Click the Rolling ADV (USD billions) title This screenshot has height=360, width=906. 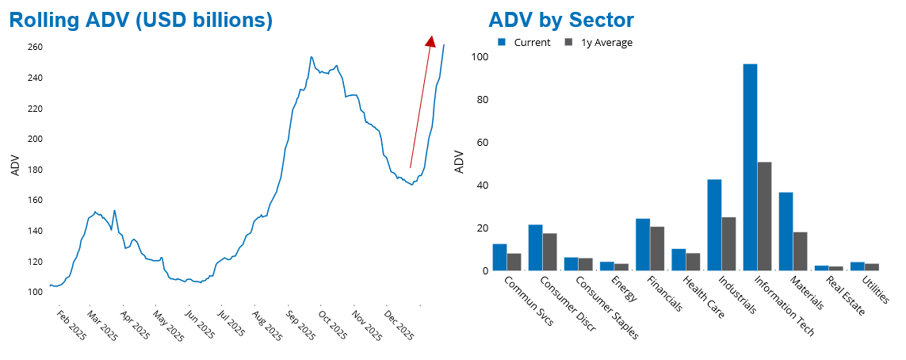coord(141,21)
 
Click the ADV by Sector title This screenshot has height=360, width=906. coord(561,21)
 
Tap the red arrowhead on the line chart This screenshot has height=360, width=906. coord(430,42)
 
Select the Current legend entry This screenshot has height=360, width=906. coord(524,43)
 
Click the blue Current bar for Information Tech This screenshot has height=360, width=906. coord(750,167)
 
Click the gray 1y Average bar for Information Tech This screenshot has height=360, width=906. coord(764,216)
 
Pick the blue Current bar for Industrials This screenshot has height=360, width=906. coord(714,225)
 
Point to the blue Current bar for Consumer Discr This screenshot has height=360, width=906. coord(536,247)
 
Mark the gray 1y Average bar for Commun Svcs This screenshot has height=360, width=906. coord(514,262)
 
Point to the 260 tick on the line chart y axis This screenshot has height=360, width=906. coord(34,48)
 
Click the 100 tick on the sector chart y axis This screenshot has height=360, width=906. coord(479,57)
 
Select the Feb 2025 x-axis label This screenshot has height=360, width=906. coord(71,325)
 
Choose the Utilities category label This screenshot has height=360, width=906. coord(875,289)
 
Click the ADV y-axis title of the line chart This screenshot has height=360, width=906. coord(15,166)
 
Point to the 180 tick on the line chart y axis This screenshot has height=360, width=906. coord(34,170)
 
